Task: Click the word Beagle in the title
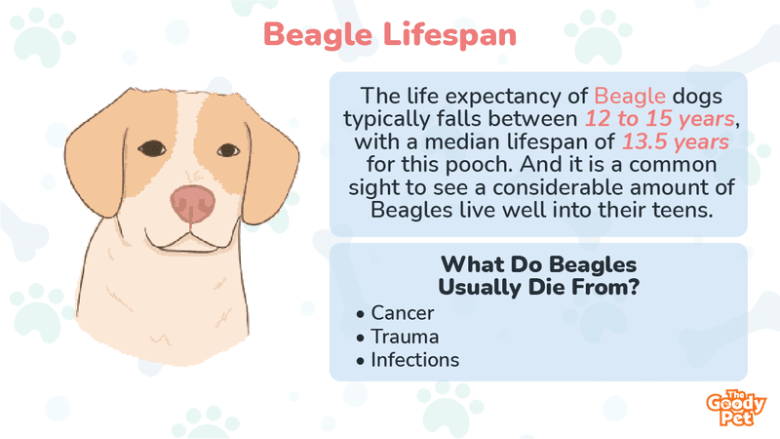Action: pos(318,36)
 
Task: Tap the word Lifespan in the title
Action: pos(449,36)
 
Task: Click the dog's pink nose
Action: pos(192,204)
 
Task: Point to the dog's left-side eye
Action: pos(152,148)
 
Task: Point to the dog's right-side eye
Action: pos(228,150)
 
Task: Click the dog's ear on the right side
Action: pos(270,169)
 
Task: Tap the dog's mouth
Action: pos(188,240)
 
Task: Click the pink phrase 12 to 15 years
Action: pos(659,118)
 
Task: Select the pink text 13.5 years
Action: pos(675,141)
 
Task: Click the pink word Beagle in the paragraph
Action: pos(629,96)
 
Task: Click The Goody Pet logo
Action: pos(735,408)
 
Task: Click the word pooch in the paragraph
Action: pos(479,164)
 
